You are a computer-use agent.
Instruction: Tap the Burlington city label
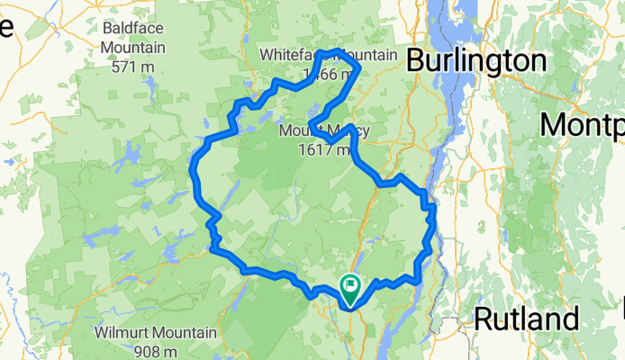point(476,61)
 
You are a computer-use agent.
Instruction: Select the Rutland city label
point(526,319)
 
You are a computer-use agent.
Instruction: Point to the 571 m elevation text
point(133,66)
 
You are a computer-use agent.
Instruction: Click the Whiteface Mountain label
point(328,56)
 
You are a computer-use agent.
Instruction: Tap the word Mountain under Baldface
point(133,48)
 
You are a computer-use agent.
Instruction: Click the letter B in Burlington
point(416,61)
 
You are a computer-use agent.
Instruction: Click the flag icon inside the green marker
point(349,286)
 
